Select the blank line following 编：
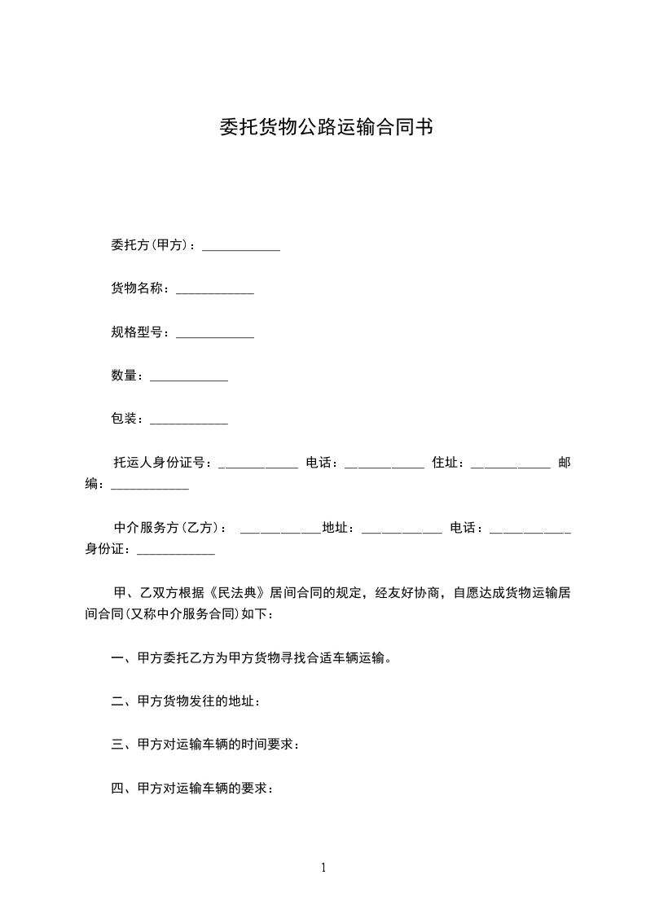tap(150, 487)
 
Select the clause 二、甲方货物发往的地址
tap(187, 701)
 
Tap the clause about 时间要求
tap(206, 745)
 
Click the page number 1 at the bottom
tap(323, 868)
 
